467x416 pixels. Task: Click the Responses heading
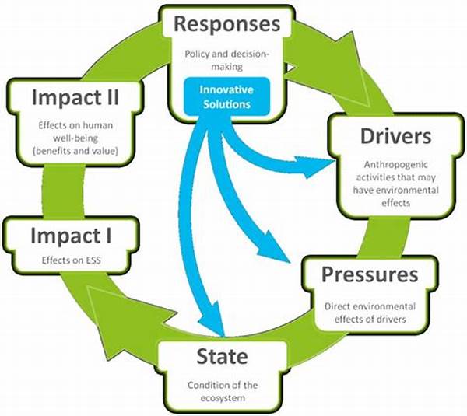(227, 24)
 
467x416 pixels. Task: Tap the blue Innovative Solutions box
(227, 96)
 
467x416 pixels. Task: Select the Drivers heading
(396, 136)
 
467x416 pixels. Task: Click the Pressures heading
(370, 274)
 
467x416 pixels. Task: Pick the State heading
(222, 356)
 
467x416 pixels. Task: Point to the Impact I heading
(71, 236)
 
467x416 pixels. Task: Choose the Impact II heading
(75, 97)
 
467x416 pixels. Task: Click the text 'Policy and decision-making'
(227, 61)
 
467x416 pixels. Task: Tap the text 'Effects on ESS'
(71, 260)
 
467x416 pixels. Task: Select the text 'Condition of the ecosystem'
(223, 391)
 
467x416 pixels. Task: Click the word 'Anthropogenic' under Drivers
(396, 165)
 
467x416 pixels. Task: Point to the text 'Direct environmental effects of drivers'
(370, 313)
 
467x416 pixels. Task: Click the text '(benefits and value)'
(75, 151)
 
